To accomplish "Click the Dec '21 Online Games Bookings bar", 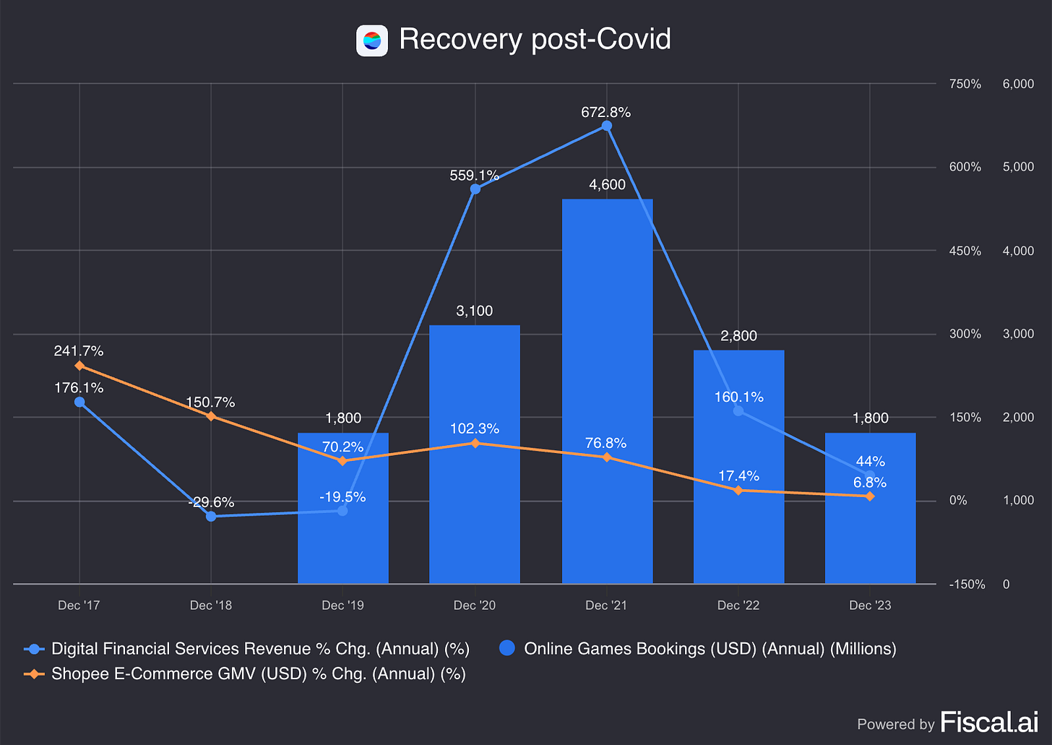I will coord(607,390).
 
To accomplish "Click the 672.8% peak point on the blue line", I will coord(607,126).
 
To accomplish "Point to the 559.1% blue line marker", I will coord(475,189).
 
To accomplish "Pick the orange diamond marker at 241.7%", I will coord(79,366).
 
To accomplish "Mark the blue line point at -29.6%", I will coord(211,516).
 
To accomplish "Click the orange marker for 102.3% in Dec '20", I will coord(475,443).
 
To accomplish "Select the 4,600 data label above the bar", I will coord(607,185).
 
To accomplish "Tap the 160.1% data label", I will coord(738,397).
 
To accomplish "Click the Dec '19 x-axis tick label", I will coord(342,606).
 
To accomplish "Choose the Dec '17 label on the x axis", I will coord(79,606).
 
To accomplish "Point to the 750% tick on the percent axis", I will coord(965,84).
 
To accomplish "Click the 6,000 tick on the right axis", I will coord(1018,84).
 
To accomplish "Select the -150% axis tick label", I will coord(967,585).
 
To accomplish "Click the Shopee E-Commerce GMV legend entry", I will coord(258,674).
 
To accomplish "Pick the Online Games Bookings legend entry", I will coord(710,649).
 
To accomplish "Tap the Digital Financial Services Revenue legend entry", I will coord(260,649).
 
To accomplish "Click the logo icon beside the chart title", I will coord(372,40).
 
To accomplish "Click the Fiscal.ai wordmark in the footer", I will coord(989,722).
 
